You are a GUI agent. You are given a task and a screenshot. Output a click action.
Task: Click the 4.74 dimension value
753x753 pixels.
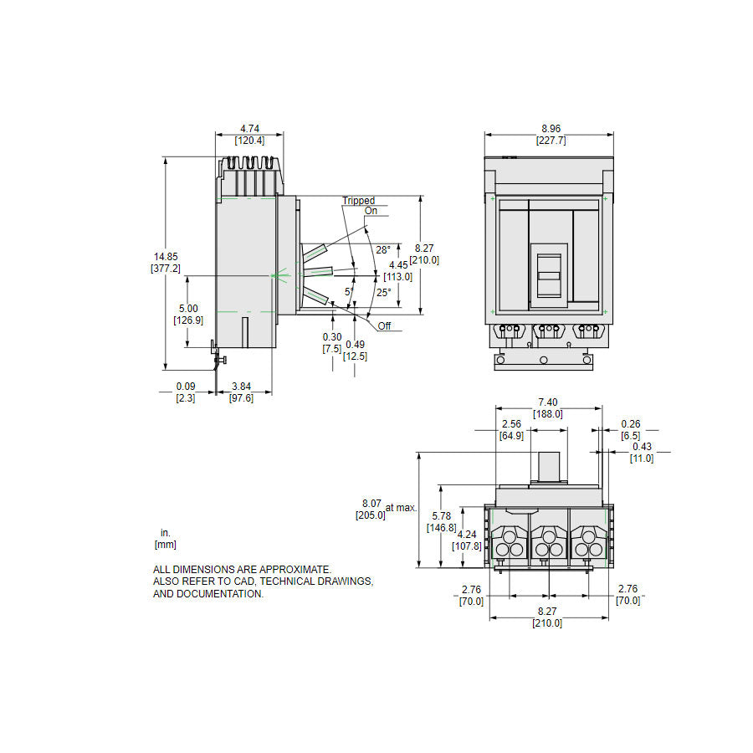pyautogui.click(x=249, y=128)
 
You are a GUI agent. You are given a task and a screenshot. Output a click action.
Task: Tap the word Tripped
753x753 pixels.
pyautogui.click(x=358, y=201)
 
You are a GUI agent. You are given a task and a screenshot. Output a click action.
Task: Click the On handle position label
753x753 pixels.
pyautogui.click(x=371, y=211)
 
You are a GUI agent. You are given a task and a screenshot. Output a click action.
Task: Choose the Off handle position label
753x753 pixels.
pyautogui.click(x=384, y=326)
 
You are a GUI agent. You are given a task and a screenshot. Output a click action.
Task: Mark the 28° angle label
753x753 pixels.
pyautogui.click(x=382, y=250)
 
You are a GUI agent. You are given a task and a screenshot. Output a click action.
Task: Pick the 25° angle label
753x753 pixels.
pyautogui.click(x=383, y=292)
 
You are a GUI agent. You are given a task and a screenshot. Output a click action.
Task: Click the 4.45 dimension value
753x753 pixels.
pyautogui.click(x=398, y=265)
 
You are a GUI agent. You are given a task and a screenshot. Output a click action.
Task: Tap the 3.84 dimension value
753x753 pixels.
pyautogui.click(x=241, y=387)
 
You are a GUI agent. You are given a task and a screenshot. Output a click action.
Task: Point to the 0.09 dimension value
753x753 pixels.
pyautogui.click(x=186, y=387)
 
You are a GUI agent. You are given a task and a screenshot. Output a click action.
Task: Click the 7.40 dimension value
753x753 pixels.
pyautogui.click(x=549, y=402)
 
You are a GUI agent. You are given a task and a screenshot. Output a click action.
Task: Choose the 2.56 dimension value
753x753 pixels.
pyautogui.click(x=511, y=424)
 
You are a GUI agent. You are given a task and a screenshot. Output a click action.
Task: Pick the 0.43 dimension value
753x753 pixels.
pyautogui.click(x=642, y=447)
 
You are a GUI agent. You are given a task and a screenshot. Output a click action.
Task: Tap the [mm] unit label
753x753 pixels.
pyautogui.click(x=165, y=545)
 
